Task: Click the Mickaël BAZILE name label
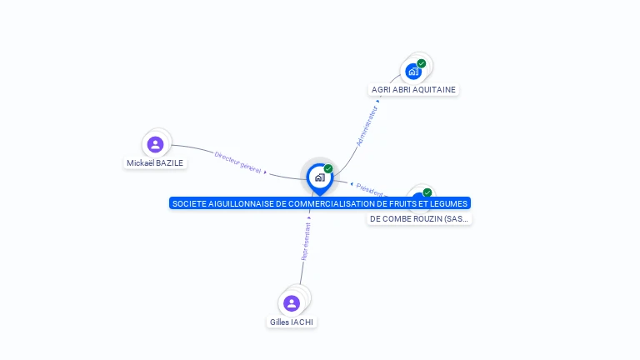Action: [x=155, y=163]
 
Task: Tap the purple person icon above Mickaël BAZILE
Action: [x=155, y=144]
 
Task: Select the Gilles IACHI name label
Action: [x=292, y=322]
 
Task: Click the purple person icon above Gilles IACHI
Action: [x=291, y=302]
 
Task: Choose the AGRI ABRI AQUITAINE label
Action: [x=414, y=89]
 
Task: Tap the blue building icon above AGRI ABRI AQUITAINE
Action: [x=413, y=71]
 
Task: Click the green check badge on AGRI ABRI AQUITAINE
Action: [x=422, y=63]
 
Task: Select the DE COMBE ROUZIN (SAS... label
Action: [x=419, y=218]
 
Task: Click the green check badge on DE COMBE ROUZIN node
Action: [x=427, y=192]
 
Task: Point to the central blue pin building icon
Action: [x=319, y=177]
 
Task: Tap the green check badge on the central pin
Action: [x=328, y=169]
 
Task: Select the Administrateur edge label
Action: [x=367, y=126]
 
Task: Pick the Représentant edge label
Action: [x=306, y=242]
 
